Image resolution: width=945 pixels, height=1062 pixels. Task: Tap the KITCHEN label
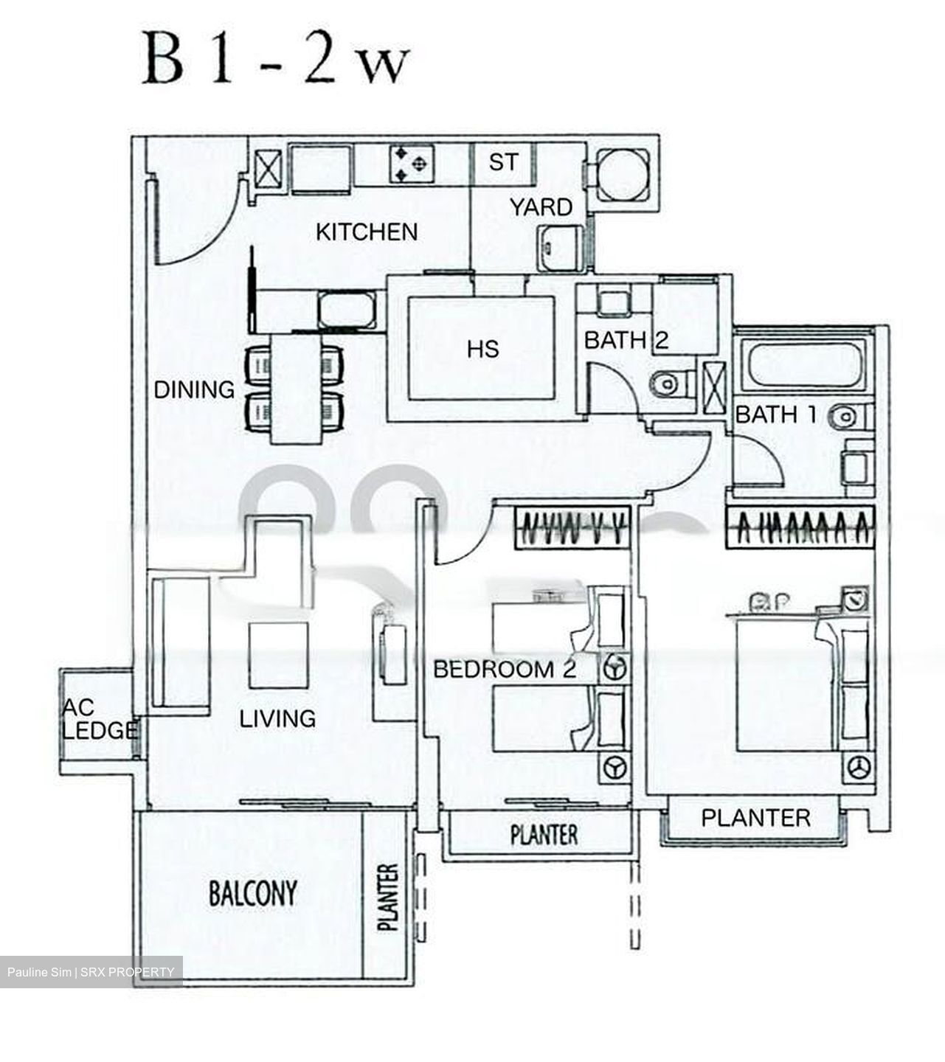click(367, 232)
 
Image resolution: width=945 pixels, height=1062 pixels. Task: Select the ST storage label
click(503, 162)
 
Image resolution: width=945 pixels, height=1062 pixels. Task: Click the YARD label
click(541, 207)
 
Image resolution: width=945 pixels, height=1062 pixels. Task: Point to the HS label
click(482, 349)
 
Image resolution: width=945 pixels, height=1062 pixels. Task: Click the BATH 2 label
click(626, 341)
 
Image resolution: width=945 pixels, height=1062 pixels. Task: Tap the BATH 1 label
click(776, 414)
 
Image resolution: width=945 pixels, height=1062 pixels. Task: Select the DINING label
click(194, 389)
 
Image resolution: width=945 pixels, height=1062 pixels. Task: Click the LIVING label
click(277, 718)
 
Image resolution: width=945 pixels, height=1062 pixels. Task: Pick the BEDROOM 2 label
click(504, 670)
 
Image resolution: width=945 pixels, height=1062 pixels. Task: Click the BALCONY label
click(253, 893)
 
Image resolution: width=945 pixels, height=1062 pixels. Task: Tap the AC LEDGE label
click(99, 719)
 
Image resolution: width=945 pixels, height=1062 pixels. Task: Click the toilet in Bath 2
click(669, 383)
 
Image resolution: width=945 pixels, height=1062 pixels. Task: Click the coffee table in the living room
click(278, 655)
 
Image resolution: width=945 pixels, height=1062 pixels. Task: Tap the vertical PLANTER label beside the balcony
click(388, 896)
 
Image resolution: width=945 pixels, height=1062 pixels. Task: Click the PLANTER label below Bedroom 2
click(544, 835)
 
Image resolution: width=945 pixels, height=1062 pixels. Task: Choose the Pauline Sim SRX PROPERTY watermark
click(91, 972)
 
